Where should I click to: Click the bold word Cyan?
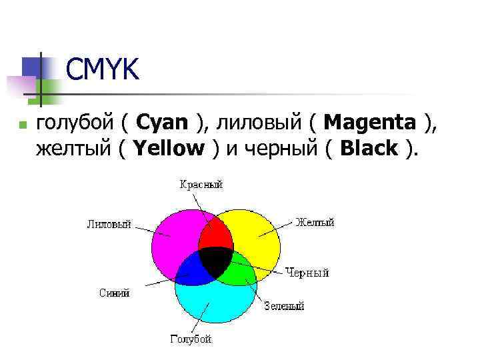coord(163,123)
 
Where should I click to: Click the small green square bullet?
coord(21,125)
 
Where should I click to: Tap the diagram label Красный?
coord(200,185)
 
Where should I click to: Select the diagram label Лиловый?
coord(109,224)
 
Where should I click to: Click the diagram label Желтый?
coord(315,222)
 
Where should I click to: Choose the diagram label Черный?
coord(307,272)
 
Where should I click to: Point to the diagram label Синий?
coord(114,293)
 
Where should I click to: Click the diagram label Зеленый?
coord(284,306)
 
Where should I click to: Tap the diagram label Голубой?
coord(191,339)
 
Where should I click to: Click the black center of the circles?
coord(216,262)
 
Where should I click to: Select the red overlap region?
coord(216,233)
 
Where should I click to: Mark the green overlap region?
coord(241,271)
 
